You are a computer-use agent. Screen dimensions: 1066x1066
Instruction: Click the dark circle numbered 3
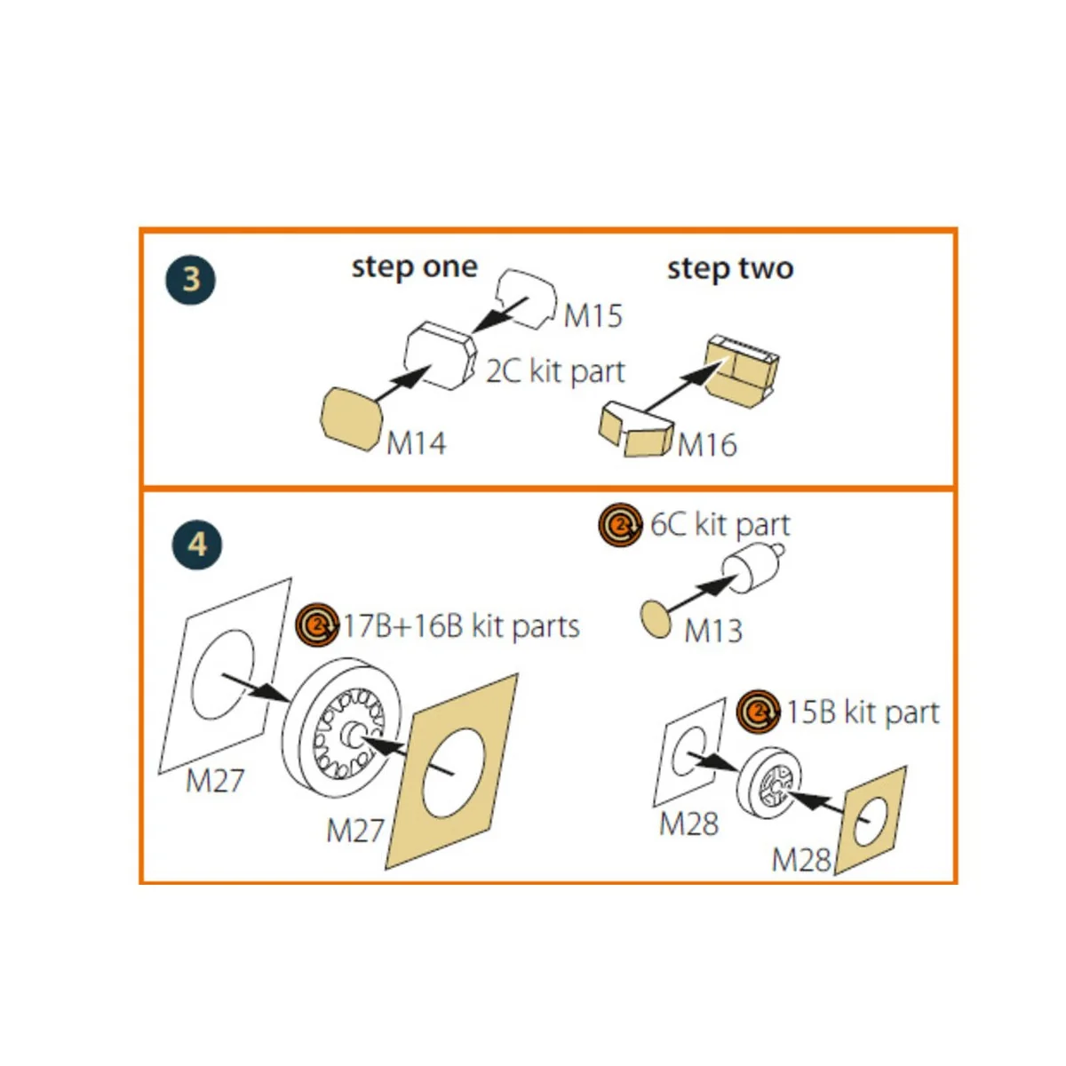click(x=190, y=279)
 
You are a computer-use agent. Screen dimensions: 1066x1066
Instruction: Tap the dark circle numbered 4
click(x=197, y=545)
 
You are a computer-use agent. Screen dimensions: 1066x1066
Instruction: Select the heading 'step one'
click(x=414, y=268)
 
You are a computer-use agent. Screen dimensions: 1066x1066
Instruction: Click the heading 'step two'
click(x=730, y=269)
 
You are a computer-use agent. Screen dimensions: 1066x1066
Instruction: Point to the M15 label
click(x=593, y=316)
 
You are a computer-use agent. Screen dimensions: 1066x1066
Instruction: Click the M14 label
click(x=416, y=443)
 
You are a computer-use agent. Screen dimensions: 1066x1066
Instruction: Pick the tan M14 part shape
click(x=351, y=418)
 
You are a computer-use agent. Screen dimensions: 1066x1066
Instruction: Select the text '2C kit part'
click(x=555, y=371)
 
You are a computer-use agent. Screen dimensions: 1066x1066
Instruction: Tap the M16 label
click(x=707, y=445)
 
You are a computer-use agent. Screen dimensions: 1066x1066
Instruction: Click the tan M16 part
click(x=636, y=430)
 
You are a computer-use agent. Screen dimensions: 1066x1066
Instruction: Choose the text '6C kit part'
click(x=720, y=524)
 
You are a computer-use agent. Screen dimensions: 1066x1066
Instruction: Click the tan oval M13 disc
click(x=656, y=619)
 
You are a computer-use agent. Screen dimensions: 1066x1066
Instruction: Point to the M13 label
click(x=713, y=632)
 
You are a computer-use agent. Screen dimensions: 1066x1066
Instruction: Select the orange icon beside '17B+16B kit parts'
click(x=317, y=624)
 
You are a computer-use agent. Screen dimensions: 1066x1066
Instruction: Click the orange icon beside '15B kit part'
click(x=758, y=712)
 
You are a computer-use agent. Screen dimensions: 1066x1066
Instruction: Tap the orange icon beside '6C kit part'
click(x=620, y=524)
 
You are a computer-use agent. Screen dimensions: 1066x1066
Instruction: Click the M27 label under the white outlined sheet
click(x=215, y=781)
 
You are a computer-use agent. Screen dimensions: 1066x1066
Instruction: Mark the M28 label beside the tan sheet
click(x=801, y=860)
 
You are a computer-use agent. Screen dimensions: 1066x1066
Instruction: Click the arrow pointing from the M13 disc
click(x=702, y=593)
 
